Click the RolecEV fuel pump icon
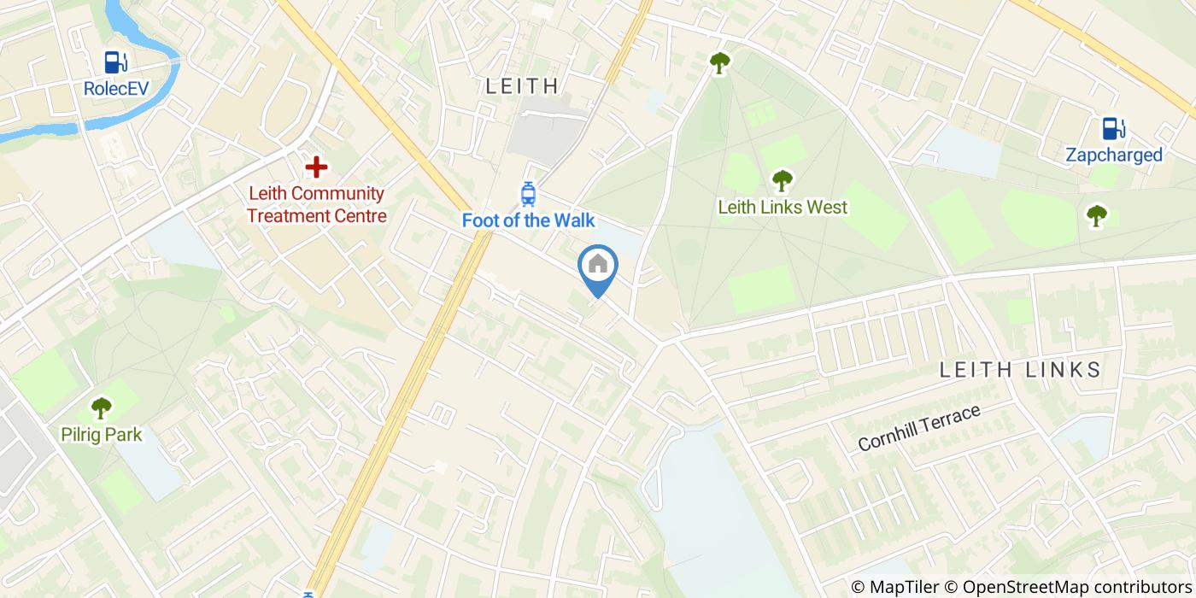click(115, 62)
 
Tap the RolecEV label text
click(115, 88)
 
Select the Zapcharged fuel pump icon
click(1113, 129)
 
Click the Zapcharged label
click(1113, 155)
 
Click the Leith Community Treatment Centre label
click(317, 205)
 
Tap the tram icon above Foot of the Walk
click(528, 195)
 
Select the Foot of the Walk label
click(528, 220)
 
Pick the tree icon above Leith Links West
click(782, 181)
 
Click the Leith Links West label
click(783, 207)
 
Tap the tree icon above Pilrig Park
click(101, 408)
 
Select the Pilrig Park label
click(101, 435)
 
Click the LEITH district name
click(522, 85)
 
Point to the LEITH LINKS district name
click(1020, 370)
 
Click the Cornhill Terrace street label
click(918, 428)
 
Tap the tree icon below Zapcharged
click(1096, 215)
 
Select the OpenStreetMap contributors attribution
click(1068, 587)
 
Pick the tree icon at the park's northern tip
click(720, 62)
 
